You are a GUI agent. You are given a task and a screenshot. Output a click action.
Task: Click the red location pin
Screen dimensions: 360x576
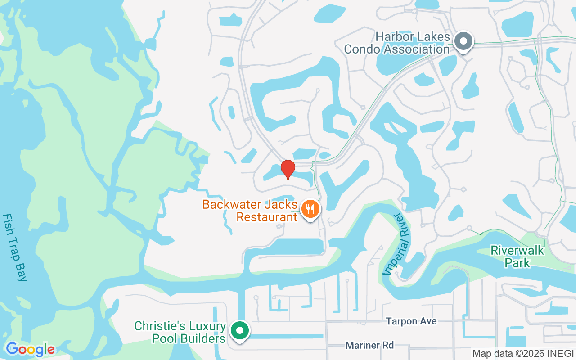tap(288, 169)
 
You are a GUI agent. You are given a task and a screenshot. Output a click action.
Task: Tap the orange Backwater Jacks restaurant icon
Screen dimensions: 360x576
tap(310, 209)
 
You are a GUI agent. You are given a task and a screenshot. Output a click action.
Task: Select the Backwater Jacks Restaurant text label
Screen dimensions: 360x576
tap(250, 211)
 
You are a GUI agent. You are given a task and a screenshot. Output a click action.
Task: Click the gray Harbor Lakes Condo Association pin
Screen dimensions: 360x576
tap(463, 41)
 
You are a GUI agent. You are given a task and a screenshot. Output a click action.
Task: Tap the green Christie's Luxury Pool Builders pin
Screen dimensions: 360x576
tap(240, 331)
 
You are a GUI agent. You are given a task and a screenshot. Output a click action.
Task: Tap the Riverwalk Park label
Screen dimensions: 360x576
tap(517, 256)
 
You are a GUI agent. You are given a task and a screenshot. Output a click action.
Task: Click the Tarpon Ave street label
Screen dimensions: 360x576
tap(411, 321)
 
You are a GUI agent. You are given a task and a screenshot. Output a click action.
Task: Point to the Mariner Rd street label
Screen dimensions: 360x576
tap(369, 345)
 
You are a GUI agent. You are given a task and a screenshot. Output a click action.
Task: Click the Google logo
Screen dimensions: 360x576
tap(30, 349)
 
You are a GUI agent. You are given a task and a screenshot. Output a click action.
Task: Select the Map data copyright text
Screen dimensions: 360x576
tap(523, 353)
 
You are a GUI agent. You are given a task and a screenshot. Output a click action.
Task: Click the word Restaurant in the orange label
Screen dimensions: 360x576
tap(267, 217)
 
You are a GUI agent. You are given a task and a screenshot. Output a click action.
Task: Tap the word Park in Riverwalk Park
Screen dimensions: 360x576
tap(517, 262)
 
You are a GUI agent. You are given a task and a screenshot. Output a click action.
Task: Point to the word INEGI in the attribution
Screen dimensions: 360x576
tap(562, 353)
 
